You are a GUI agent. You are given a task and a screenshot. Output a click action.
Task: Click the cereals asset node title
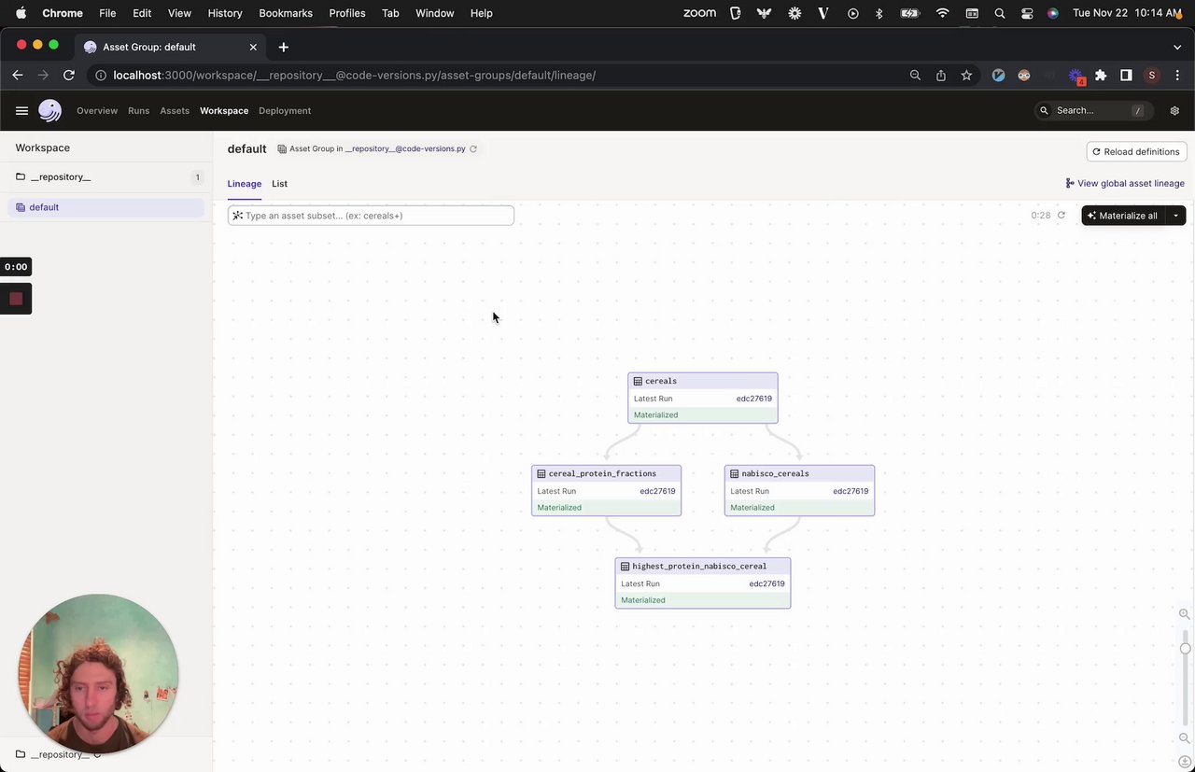tap(661, 381)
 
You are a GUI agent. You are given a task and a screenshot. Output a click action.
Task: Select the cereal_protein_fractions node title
tap(602, 473)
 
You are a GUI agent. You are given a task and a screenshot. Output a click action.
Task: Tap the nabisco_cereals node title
tap(775, 473)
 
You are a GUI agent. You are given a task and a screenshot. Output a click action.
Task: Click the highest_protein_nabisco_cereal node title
tap(699, 566)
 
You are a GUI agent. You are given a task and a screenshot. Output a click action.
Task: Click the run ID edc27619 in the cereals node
tap(753, 399)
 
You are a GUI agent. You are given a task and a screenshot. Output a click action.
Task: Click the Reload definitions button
tap(1136, 151)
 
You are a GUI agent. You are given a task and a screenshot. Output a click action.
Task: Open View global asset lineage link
tap(1125, 184)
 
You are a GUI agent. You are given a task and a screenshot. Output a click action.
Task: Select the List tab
tap(279, 184)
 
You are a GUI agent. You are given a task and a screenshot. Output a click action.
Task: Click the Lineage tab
tap(244, 184)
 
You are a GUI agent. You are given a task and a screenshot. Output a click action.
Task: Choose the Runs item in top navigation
tap(138, 111)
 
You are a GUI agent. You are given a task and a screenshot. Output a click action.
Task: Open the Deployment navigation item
tap(285, 111)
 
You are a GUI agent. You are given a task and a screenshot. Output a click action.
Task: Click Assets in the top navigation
tap(175, 111)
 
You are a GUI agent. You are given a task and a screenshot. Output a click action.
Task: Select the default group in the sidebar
tap(44, 207)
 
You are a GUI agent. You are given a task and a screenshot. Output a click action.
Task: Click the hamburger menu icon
tap(21, 111)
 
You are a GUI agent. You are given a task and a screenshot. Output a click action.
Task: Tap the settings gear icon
tap(1174, 111)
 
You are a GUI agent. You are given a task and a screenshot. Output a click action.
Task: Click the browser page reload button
tap(69, 76)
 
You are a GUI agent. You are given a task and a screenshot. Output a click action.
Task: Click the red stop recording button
tap(16, 299)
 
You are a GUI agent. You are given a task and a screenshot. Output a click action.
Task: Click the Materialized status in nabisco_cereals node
tap(752, 508)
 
